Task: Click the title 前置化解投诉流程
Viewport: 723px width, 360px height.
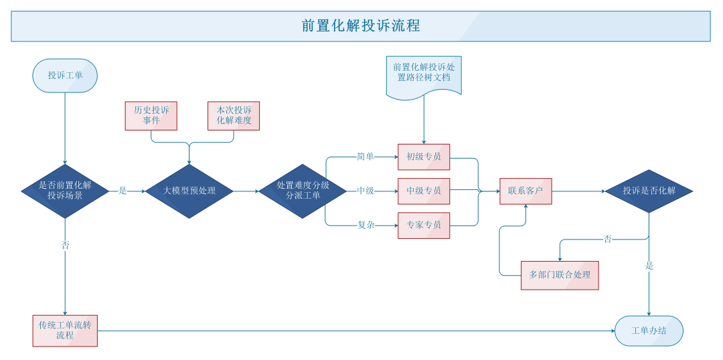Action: [x=361, y=26]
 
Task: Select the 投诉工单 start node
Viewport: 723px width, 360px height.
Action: [x=65, y=76]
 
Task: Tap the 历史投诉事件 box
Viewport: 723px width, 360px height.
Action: [x=151, y=116]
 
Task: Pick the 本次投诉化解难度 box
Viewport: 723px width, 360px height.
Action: [x=234, y=116]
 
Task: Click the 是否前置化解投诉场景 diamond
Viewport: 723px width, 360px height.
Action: [x=65, y=191]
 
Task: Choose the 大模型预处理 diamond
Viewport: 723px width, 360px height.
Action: [x=189, y=191]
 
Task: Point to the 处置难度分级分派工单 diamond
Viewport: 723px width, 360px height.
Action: [x=303, y=191]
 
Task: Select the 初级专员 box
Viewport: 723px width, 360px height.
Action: [x=424, y=157]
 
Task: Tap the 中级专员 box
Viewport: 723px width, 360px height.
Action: [x=424, y=191]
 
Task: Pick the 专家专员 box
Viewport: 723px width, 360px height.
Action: [x=424, y=226]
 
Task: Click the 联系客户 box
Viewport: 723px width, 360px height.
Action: [x=526, y=191]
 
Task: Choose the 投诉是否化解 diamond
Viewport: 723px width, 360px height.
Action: [x=649, y=191]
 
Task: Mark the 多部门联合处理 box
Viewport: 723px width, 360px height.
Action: [x=560, y=275]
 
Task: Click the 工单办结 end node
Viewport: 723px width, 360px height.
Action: [x=649, y=331]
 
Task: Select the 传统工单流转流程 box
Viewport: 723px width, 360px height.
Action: [x=65, y=331]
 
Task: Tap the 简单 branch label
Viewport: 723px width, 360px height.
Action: [x=366, y=157]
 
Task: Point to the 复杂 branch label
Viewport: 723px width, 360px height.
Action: [x=366, y=226]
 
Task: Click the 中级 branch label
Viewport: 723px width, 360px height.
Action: [x=366, y=191]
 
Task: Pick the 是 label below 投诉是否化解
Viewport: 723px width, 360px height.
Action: [x=649, y=266]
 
